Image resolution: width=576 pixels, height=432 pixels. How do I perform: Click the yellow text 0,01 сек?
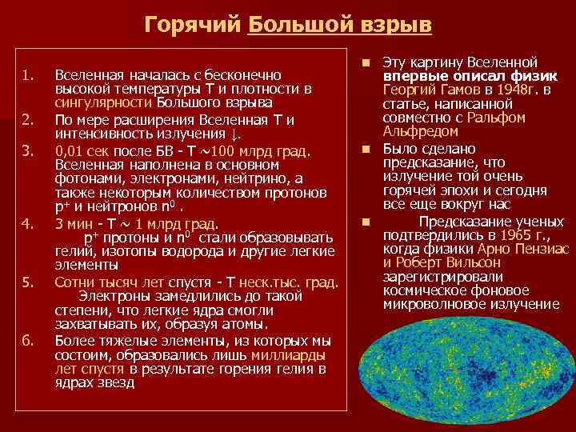[x=82, y=150]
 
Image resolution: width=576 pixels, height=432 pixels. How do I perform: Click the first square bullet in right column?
[x=365, y=62]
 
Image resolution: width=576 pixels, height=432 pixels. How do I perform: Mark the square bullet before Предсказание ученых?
[x=365, y=221]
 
